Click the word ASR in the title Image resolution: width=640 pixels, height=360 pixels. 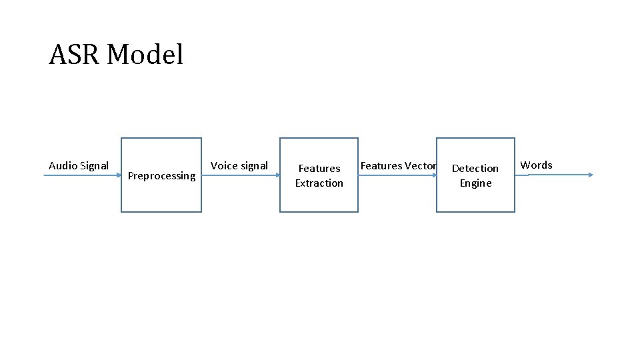[x=74, y=55]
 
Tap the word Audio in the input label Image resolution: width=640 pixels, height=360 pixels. [x=63, y=165]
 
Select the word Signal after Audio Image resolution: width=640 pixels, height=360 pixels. [x=94, y=165]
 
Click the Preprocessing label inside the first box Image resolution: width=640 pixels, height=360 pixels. [x=161, y=176]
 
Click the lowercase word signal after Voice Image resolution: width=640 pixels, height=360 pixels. [x=254, y=165]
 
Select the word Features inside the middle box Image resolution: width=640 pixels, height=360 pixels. [x=319, y=169]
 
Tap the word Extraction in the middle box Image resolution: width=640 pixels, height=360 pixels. [x=319, y=183]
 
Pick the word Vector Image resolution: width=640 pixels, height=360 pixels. [x=421, y=165]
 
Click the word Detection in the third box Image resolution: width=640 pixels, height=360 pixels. [x=475, y=169]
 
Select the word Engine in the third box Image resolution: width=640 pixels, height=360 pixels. [x=475, y=183]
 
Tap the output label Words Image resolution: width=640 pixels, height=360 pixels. [x=536, y=165]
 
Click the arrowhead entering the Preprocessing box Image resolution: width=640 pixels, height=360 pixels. [x=118, y=175]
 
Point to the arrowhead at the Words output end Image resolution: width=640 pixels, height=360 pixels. [x=590, y=175]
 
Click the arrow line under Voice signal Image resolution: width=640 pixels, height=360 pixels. [x=240, y=175]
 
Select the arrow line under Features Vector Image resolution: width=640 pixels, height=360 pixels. [x=397, y=175]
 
